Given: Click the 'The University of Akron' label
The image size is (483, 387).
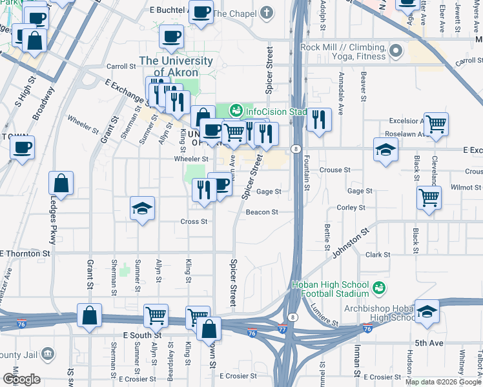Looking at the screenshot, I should (167, 66).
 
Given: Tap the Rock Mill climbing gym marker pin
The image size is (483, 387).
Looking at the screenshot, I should (396, 50).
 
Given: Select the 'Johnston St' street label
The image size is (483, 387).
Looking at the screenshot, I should (351, 239).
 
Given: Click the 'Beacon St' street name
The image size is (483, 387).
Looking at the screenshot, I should (262, 212).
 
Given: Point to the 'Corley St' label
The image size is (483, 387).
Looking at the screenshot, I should (351, 208).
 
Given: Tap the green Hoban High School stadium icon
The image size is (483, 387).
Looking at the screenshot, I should (381, 286).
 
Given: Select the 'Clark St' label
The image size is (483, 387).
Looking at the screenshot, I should (375, 255).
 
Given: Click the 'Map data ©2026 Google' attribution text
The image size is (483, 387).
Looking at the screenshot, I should (443, 382).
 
